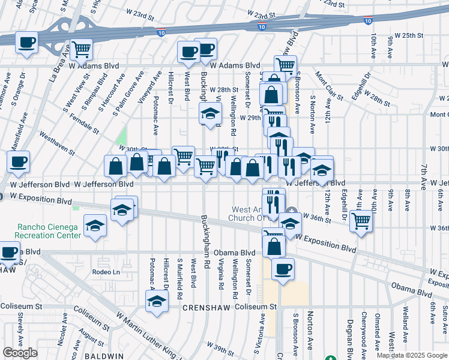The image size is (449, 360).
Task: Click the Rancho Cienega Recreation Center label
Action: (x=41, y=231)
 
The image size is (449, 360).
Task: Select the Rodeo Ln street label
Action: (x=106, y=272)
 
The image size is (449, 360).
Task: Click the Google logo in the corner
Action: (x=20, y=353)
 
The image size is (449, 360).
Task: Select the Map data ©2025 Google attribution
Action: (x=412, y=355)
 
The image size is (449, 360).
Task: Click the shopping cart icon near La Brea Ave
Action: (x=80, y=49)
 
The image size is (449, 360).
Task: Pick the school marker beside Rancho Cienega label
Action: (x=95, y=226)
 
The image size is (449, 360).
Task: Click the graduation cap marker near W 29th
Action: (x=210, y=113)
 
